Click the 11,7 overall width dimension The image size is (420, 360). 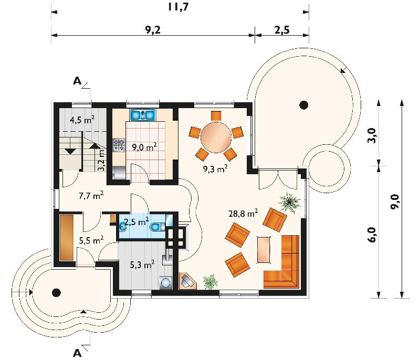coord(178,7)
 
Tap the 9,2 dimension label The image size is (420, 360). coord(153,30)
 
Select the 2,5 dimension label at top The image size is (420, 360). coord(282,30)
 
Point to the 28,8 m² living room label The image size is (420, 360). coord(243,213)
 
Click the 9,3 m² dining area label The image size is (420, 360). coord(215,168)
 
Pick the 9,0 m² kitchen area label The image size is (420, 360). coord(144,147)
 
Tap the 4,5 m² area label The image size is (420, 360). coord(82,119)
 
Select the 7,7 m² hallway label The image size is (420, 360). coord(91,195)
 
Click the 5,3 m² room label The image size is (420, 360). coord(142,264)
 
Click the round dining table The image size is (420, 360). coord(216,137)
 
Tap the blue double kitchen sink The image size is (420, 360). coord(143,114)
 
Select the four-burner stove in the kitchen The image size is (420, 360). coord(119,145)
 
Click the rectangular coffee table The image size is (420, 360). coord(264,249)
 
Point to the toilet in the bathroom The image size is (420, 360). coord(156,227)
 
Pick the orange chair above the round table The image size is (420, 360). coord(216,115)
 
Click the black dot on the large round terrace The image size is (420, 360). coord(303,104)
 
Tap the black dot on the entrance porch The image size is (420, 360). coord(56,292)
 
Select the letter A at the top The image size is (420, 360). coord(77,81)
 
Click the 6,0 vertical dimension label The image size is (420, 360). coord(372,235)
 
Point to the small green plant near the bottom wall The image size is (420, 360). coord(211,282)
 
